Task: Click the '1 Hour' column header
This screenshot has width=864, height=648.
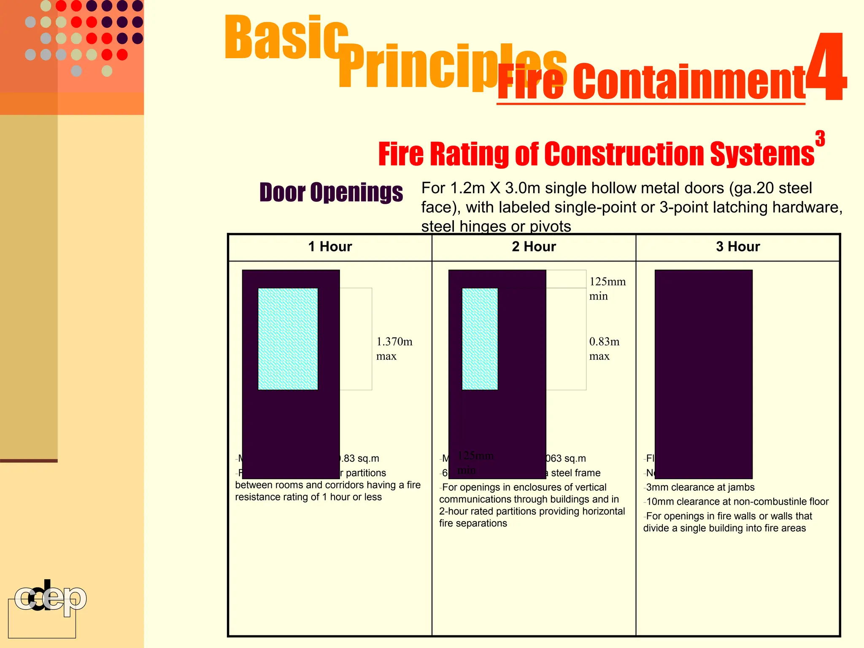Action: [x=330, y=247]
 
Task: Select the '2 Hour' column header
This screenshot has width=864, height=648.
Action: [x=534, y=247]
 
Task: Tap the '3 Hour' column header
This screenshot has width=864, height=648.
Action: [x=737, y=247]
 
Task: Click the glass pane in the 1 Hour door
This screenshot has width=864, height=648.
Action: [x=288, y=339]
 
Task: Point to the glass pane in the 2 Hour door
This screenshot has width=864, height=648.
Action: [x=480, y=339]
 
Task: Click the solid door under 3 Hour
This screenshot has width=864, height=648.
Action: [x=703, y=374]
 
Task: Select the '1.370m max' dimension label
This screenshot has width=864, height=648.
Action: [x=394, y=348]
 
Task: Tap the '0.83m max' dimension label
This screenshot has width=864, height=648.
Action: [x=604, y=348]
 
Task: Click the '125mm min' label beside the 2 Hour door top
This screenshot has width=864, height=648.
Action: [x=607, y=289]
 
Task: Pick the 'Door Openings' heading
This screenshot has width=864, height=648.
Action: [x=331, y=192]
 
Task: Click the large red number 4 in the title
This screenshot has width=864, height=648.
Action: [x=826, y=67]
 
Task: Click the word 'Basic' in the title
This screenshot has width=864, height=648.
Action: [x=286, y=38]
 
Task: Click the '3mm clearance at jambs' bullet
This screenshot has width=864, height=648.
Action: [x=700, y=487]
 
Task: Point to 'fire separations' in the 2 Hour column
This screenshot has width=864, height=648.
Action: [x=473, y=523]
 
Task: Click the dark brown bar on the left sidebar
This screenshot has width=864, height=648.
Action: [x=29, y=461]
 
